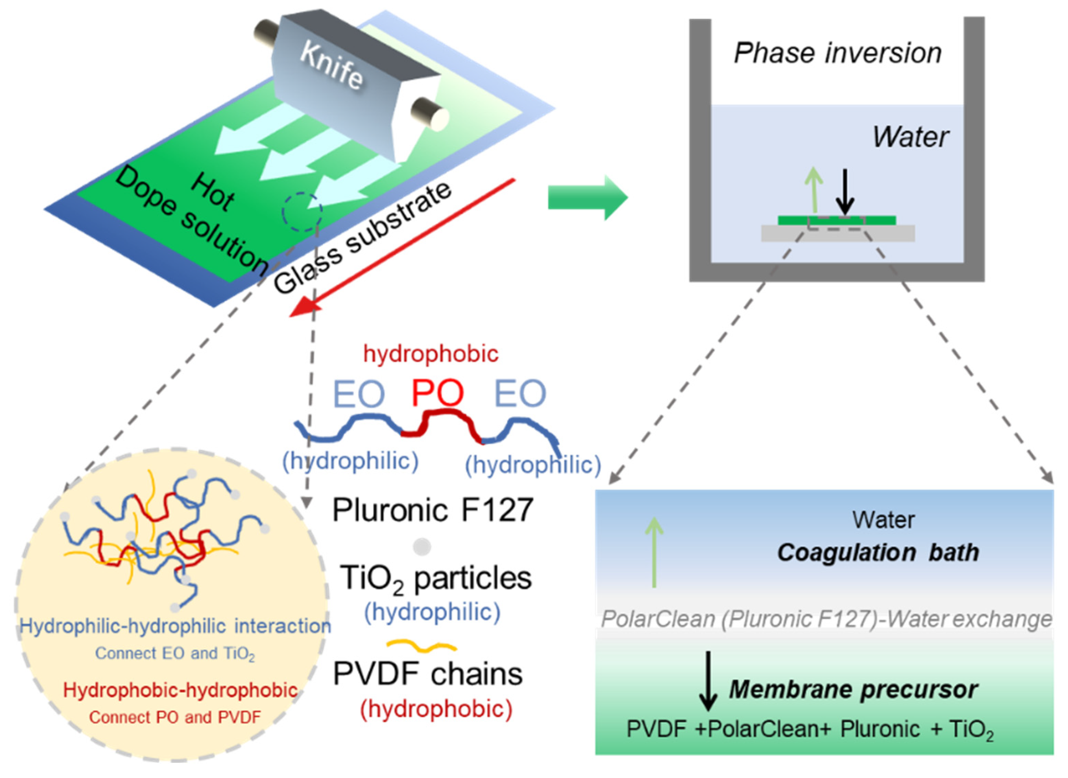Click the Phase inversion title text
pos(837,53)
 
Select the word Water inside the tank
pos(910,137)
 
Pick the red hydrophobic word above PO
pos(430,354)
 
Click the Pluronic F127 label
pos(432,510)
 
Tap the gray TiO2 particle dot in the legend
pos(422,547)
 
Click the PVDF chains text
pos(427,675)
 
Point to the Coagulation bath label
pos(878,552)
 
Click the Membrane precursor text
pos(853,689)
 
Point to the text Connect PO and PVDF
pos(175,717)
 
